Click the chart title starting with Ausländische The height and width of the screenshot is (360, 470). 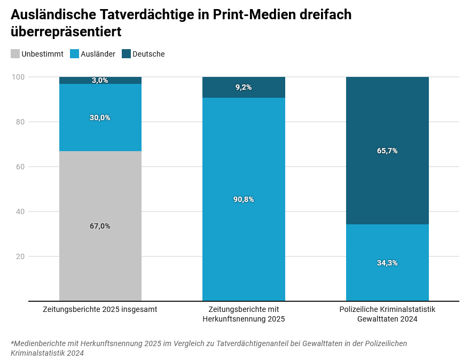(x=181, y=23)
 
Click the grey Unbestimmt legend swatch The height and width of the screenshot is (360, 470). (x=15, y=54)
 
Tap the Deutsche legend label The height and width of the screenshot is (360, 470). (x=148, y=54)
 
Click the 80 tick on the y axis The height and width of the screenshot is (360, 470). (x=20, y=122)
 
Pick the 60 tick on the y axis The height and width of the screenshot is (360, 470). (x=20, y=167)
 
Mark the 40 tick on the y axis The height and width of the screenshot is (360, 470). (x=20, y=212)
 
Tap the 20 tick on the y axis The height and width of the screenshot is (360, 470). (x=20, y=256)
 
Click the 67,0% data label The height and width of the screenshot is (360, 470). (x=100, y=226)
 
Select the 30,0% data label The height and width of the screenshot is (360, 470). (x=100, y=118)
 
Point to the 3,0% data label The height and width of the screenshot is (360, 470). (x=100, y=81)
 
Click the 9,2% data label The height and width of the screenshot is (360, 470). (x=244, y=87)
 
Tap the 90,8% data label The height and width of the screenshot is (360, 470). (x=244, y=199)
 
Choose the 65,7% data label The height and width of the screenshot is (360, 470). (x=387, y=151)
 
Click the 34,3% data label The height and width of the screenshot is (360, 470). (x=387, y=263)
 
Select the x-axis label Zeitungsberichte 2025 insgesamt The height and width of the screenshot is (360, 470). (x=100, y=309)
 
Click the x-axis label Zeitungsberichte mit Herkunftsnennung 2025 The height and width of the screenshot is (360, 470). (x=244, y=314)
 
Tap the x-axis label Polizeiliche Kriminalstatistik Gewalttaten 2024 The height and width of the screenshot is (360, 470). (x=387, y=314)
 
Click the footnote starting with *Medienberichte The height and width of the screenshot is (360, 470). (x=208, y=348)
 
